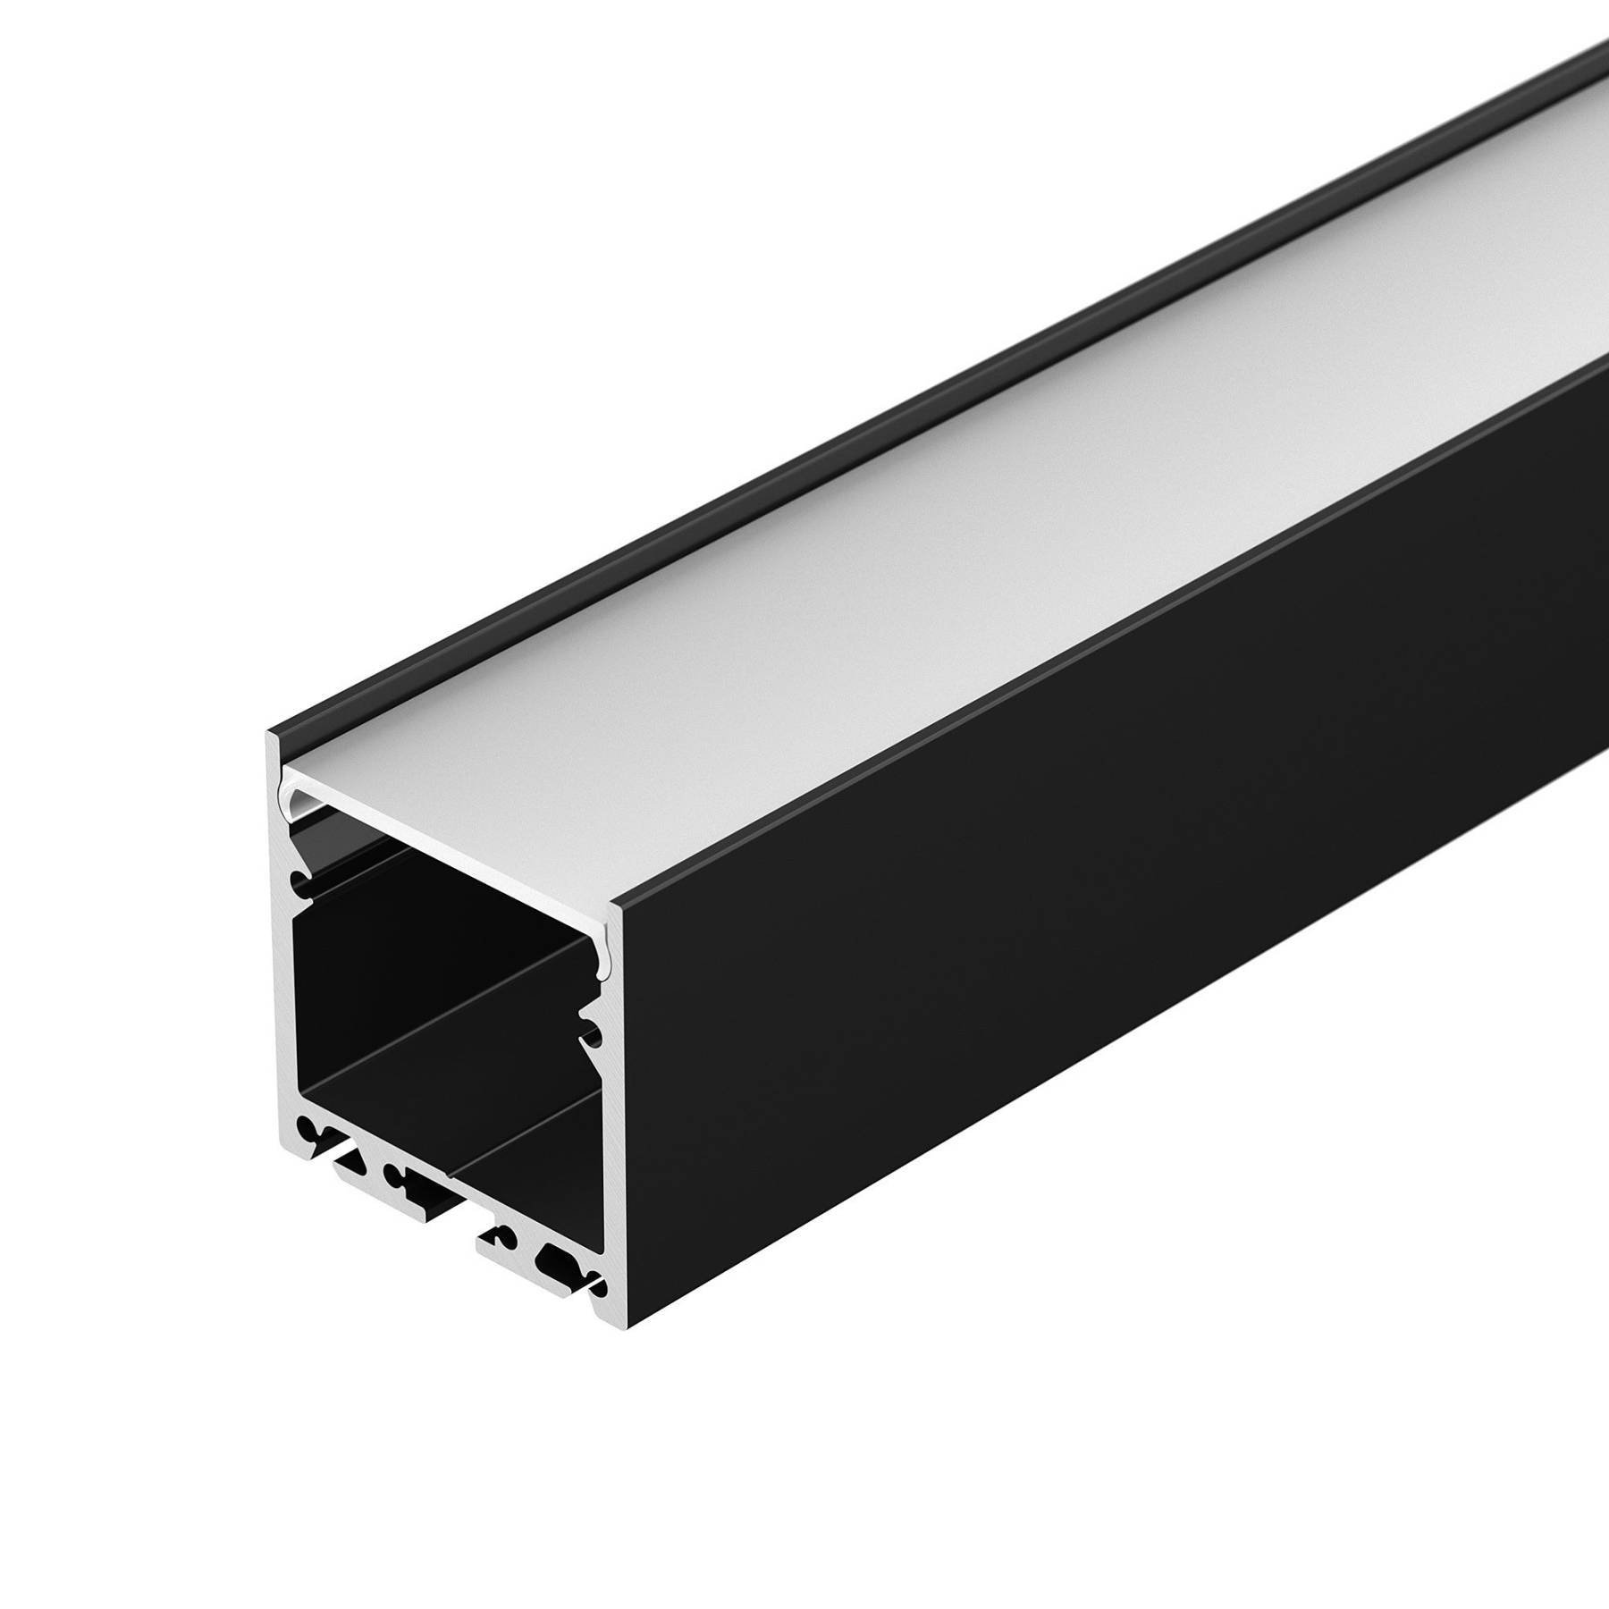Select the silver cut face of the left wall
pyautogui.click(x=279, y=983)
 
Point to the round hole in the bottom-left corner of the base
pyautogui.click(x=307, y=1125)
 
